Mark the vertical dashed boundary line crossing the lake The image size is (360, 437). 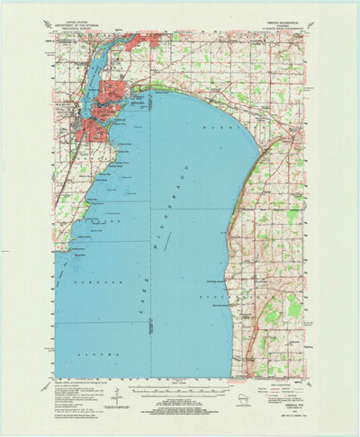(150, 225)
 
